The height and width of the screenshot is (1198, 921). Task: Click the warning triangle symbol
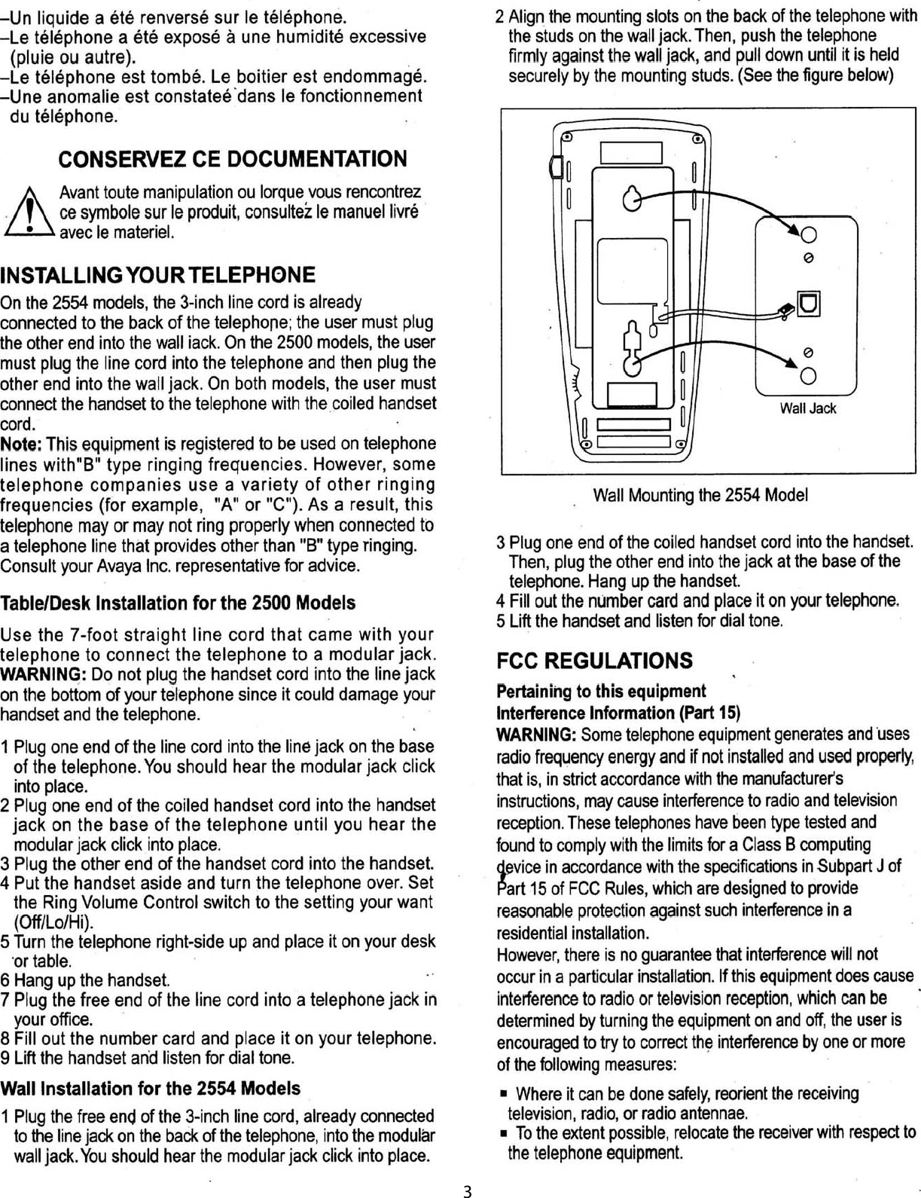[28, 213]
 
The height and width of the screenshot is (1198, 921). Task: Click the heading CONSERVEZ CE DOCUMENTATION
[232, 159]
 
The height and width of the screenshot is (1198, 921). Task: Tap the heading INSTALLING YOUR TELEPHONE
[158, 275]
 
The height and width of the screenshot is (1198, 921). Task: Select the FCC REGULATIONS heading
[594, 661]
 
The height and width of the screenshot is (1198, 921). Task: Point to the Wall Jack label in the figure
[808, 408]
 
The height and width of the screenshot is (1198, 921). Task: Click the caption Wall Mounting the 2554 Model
[700, 495]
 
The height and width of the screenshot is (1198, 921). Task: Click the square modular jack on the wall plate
[810, 303]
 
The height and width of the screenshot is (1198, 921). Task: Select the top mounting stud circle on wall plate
[809, 235]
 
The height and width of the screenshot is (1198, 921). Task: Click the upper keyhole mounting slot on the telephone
[633, 199]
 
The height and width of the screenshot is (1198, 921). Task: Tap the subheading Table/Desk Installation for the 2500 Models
[178, 603]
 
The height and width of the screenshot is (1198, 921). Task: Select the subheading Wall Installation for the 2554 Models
[151, 1088]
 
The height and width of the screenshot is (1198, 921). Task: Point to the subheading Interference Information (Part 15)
[618, 713]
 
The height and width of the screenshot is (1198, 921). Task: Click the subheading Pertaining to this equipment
[601, 692]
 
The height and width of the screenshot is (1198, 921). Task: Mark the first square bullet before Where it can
[504, 1094]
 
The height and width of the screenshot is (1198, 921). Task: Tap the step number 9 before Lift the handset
[5, 1058]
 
